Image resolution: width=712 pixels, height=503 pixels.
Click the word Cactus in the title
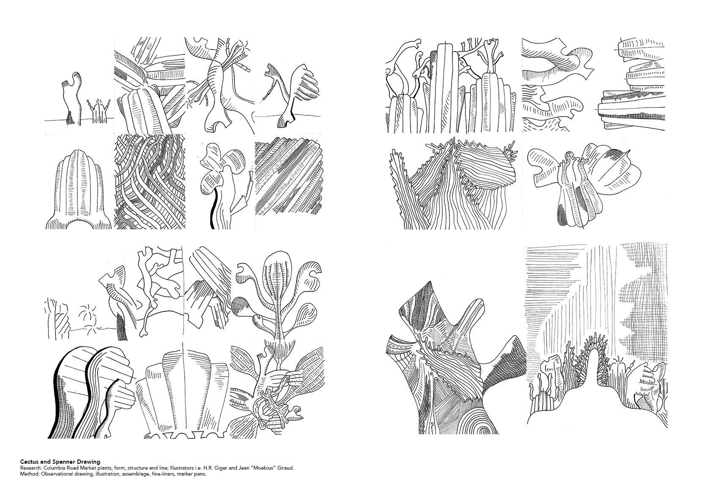(x=29, y=462)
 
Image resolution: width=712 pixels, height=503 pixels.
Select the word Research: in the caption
(x=30, y=468)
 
